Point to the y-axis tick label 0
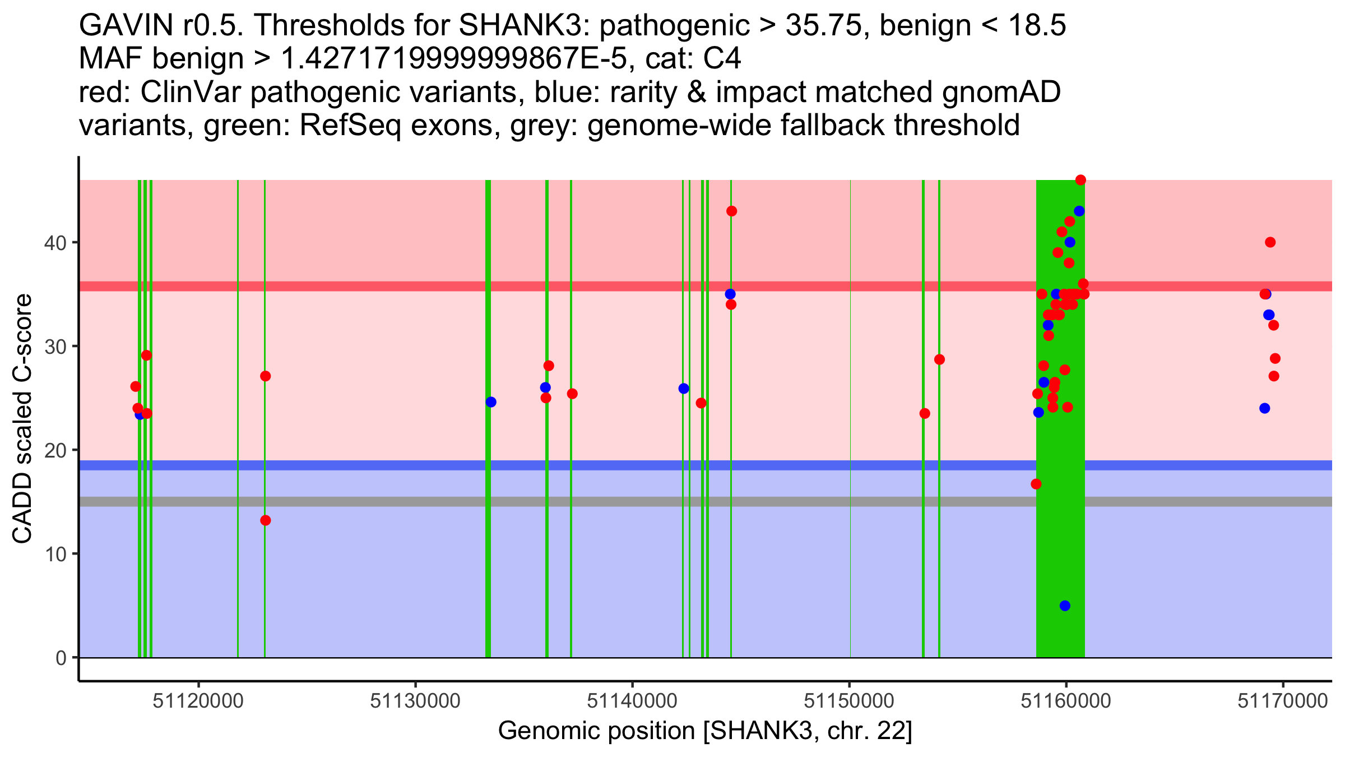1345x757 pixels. [61, 658]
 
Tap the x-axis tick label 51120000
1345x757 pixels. [198, 701]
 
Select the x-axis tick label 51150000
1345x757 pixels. [849, 701]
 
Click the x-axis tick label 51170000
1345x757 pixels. [1282, 701]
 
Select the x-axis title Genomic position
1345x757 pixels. [705, 731]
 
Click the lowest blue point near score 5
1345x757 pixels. [1065, 606]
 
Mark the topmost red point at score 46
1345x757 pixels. [1080, 180]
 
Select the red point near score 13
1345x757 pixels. [266, 520]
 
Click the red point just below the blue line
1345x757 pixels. [1036, 484]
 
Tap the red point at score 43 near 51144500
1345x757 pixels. [731, 211]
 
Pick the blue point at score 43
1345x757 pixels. [1079, 211]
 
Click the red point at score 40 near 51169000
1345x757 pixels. [1270, 242]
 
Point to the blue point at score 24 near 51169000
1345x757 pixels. [1264, 408]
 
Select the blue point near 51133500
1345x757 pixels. [491, 402]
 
